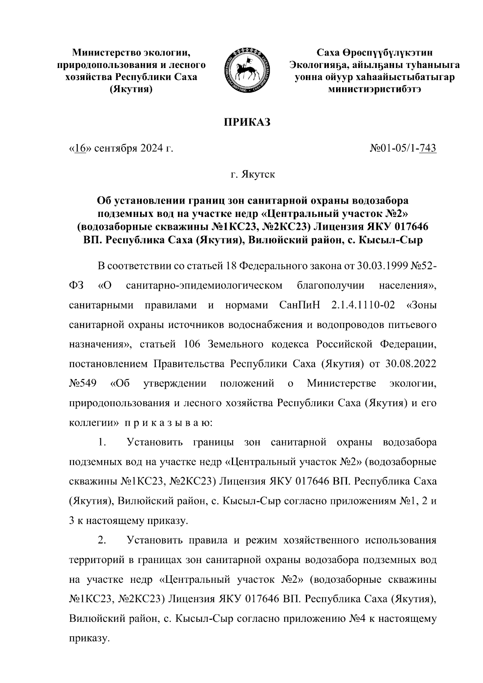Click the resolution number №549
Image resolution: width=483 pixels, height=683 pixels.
(x=83, y=383)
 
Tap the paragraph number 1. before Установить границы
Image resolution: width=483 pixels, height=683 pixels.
(x=102, y=442)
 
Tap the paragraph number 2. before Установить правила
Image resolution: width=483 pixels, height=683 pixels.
(x=102, y=540)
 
